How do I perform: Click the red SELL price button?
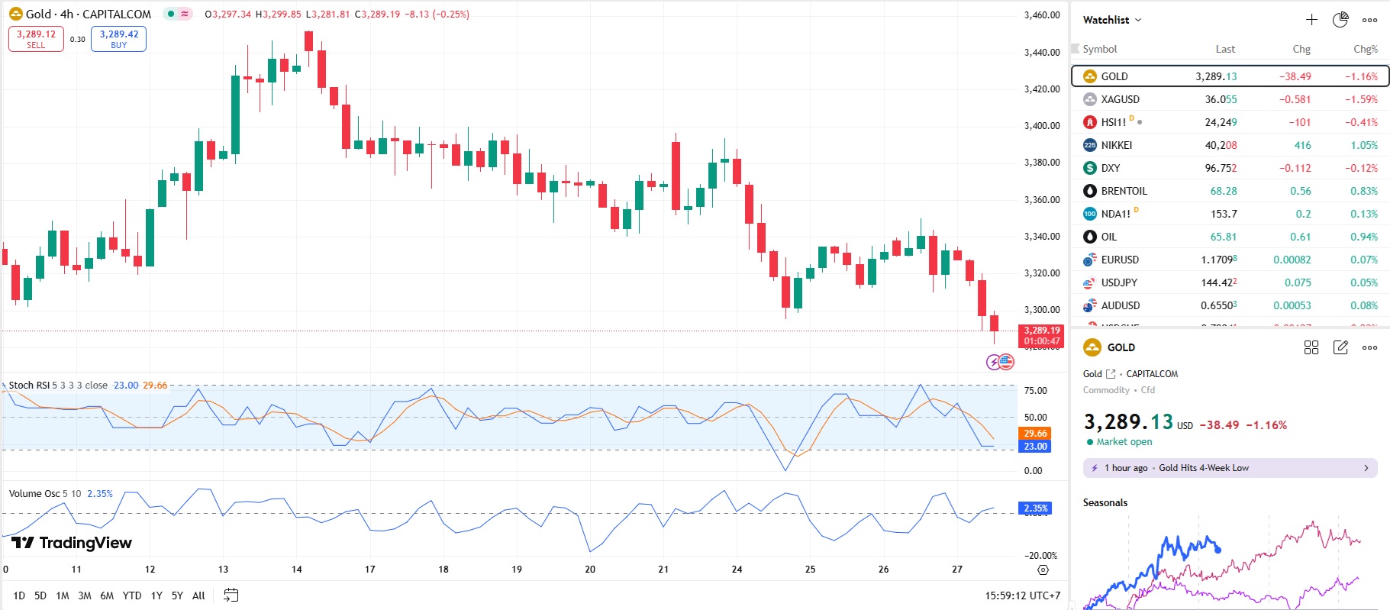point(36,39)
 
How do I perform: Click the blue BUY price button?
point(118,39)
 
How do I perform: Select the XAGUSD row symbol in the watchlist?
point(1120,99)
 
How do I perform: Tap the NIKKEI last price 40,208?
point(1221,145)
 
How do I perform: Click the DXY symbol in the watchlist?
point(1110,168)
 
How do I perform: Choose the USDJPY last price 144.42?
point(1218,282)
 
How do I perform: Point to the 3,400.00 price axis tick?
point(1041,126)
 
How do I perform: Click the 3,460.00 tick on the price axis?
point(1041,15)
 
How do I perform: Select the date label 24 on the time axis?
point(737,570)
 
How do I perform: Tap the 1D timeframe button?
point(19,595)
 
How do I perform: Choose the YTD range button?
point(132,595)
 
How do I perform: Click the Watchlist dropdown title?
point(1111,20)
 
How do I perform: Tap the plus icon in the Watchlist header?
point(1311,20)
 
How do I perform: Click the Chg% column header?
point(1365,49)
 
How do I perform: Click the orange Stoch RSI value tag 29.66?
point(1035,434)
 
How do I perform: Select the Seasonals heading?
point(1105,502)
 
